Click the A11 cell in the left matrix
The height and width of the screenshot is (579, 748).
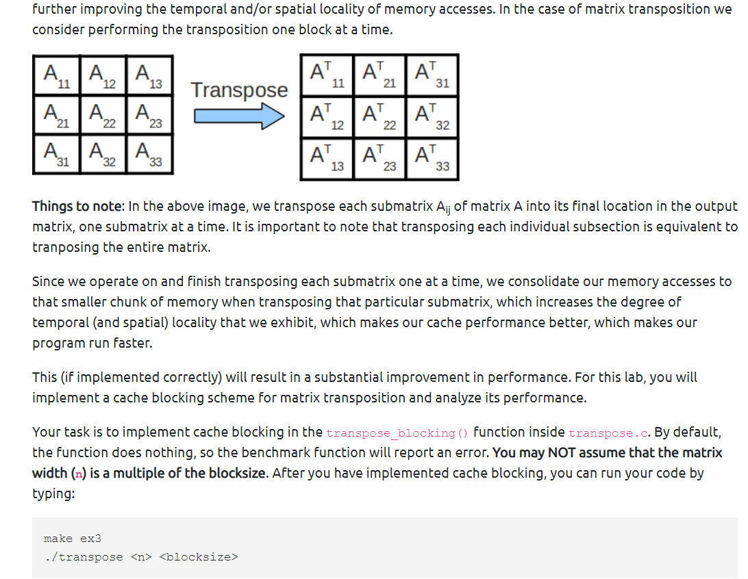tap(56, 75)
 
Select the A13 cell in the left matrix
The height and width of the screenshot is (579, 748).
tap(149, 75)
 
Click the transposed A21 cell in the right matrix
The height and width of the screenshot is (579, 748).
tap(379, 75)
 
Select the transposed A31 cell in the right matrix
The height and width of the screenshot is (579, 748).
tap(432, 75)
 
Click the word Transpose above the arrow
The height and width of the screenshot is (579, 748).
tap(239, 90)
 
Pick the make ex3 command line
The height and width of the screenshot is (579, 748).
tap(73, 539)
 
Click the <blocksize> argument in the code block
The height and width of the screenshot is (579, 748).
tap(198, 556)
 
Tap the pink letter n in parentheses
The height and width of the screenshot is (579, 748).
tap(77, 474)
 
